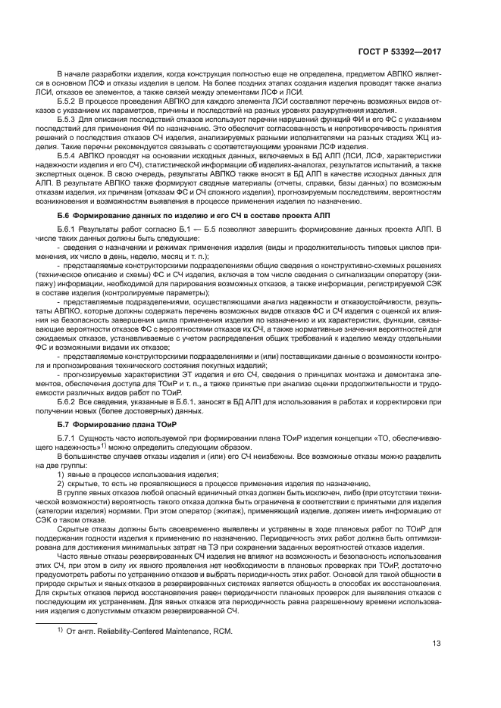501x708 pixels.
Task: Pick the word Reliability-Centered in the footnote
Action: point(132,632)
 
